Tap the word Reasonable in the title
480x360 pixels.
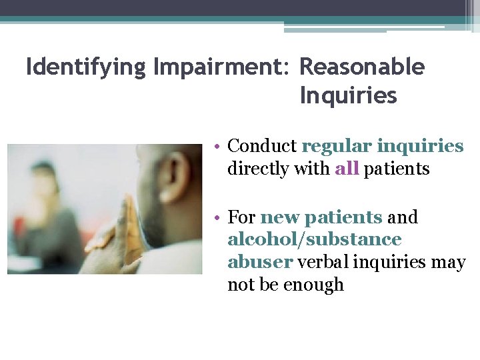coord(362,68)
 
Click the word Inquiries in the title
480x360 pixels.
coord(348,97)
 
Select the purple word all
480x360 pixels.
coord(347,169)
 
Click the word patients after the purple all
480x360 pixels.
coord(397,169)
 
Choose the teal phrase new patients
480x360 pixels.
coord(321,217)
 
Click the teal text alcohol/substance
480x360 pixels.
coord(314,239)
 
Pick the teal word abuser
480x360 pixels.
coord(260,262)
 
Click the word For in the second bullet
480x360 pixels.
coord(241,217)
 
